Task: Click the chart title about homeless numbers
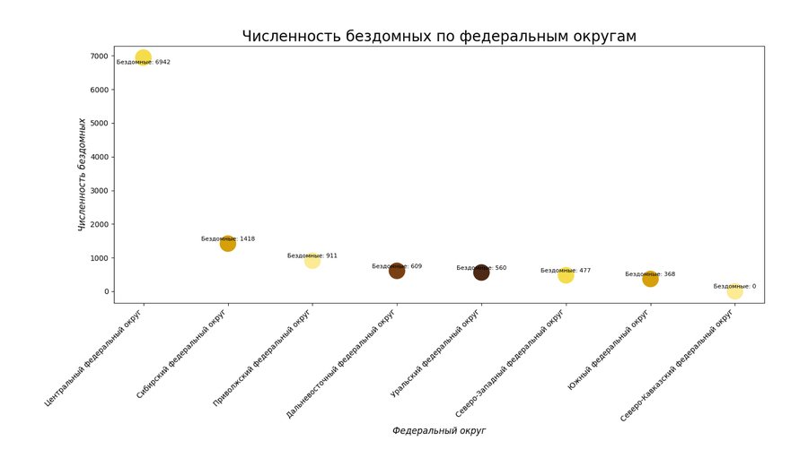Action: point(439,37)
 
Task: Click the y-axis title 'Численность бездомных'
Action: point(83,175)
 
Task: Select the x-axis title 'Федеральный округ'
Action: point(439,431)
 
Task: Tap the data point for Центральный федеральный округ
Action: point(143,57)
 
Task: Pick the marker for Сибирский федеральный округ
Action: point(227,243)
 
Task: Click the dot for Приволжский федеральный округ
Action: point(312,260)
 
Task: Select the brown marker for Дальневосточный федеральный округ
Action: point(397,271)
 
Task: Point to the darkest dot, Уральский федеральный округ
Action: point(481,272)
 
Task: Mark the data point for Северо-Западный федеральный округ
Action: point(566,275)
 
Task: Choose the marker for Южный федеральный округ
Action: point(650,279)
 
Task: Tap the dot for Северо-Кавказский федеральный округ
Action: point(734,291)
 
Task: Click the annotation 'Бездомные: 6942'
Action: point(143,63)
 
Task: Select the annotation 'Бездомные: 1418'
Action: point(228,238)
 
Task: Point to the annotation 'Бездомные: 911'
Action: point(312,255)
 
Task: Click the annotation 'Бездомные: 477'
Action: point(566,270)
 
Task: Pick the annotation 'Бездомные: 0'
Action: point(734,286)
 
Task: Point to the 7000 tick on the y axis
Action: point(100,56)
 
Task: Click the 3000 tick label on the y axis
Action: point(100,191)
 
